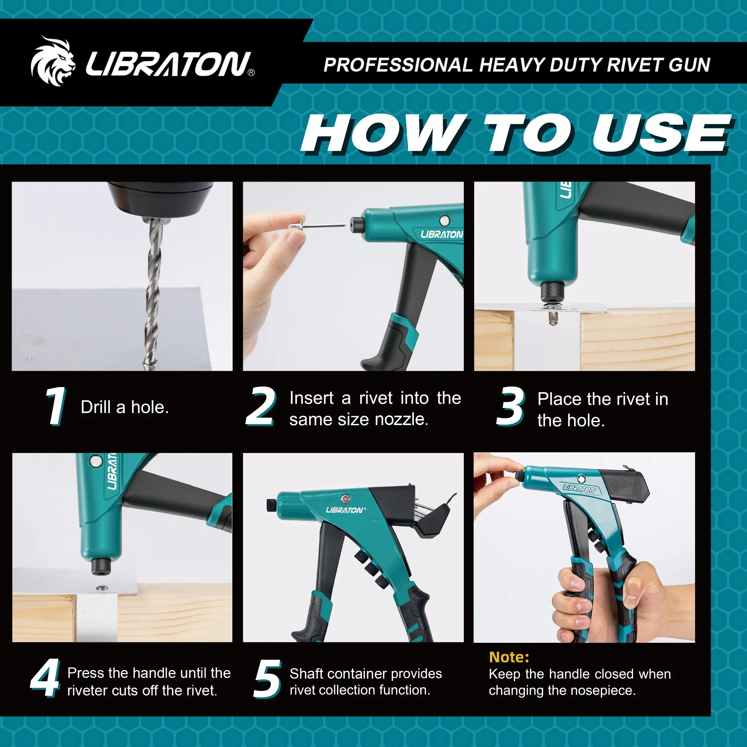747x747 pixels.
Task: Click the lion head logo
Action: tap(53, 61)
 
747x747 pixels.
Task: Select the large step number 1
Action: tap(56, 406)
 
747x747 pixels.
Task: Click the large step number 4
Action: tap(45, 678)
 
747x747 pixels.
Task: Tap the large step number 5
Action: tap(267, 679)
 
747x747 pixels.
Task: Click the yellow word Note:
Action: tap(509, 657)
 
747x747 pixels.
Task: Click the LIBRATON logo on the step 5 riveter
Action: tap(345, 510)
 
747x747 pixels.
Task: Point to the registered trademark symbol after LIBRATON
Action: tap(251, 72)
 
